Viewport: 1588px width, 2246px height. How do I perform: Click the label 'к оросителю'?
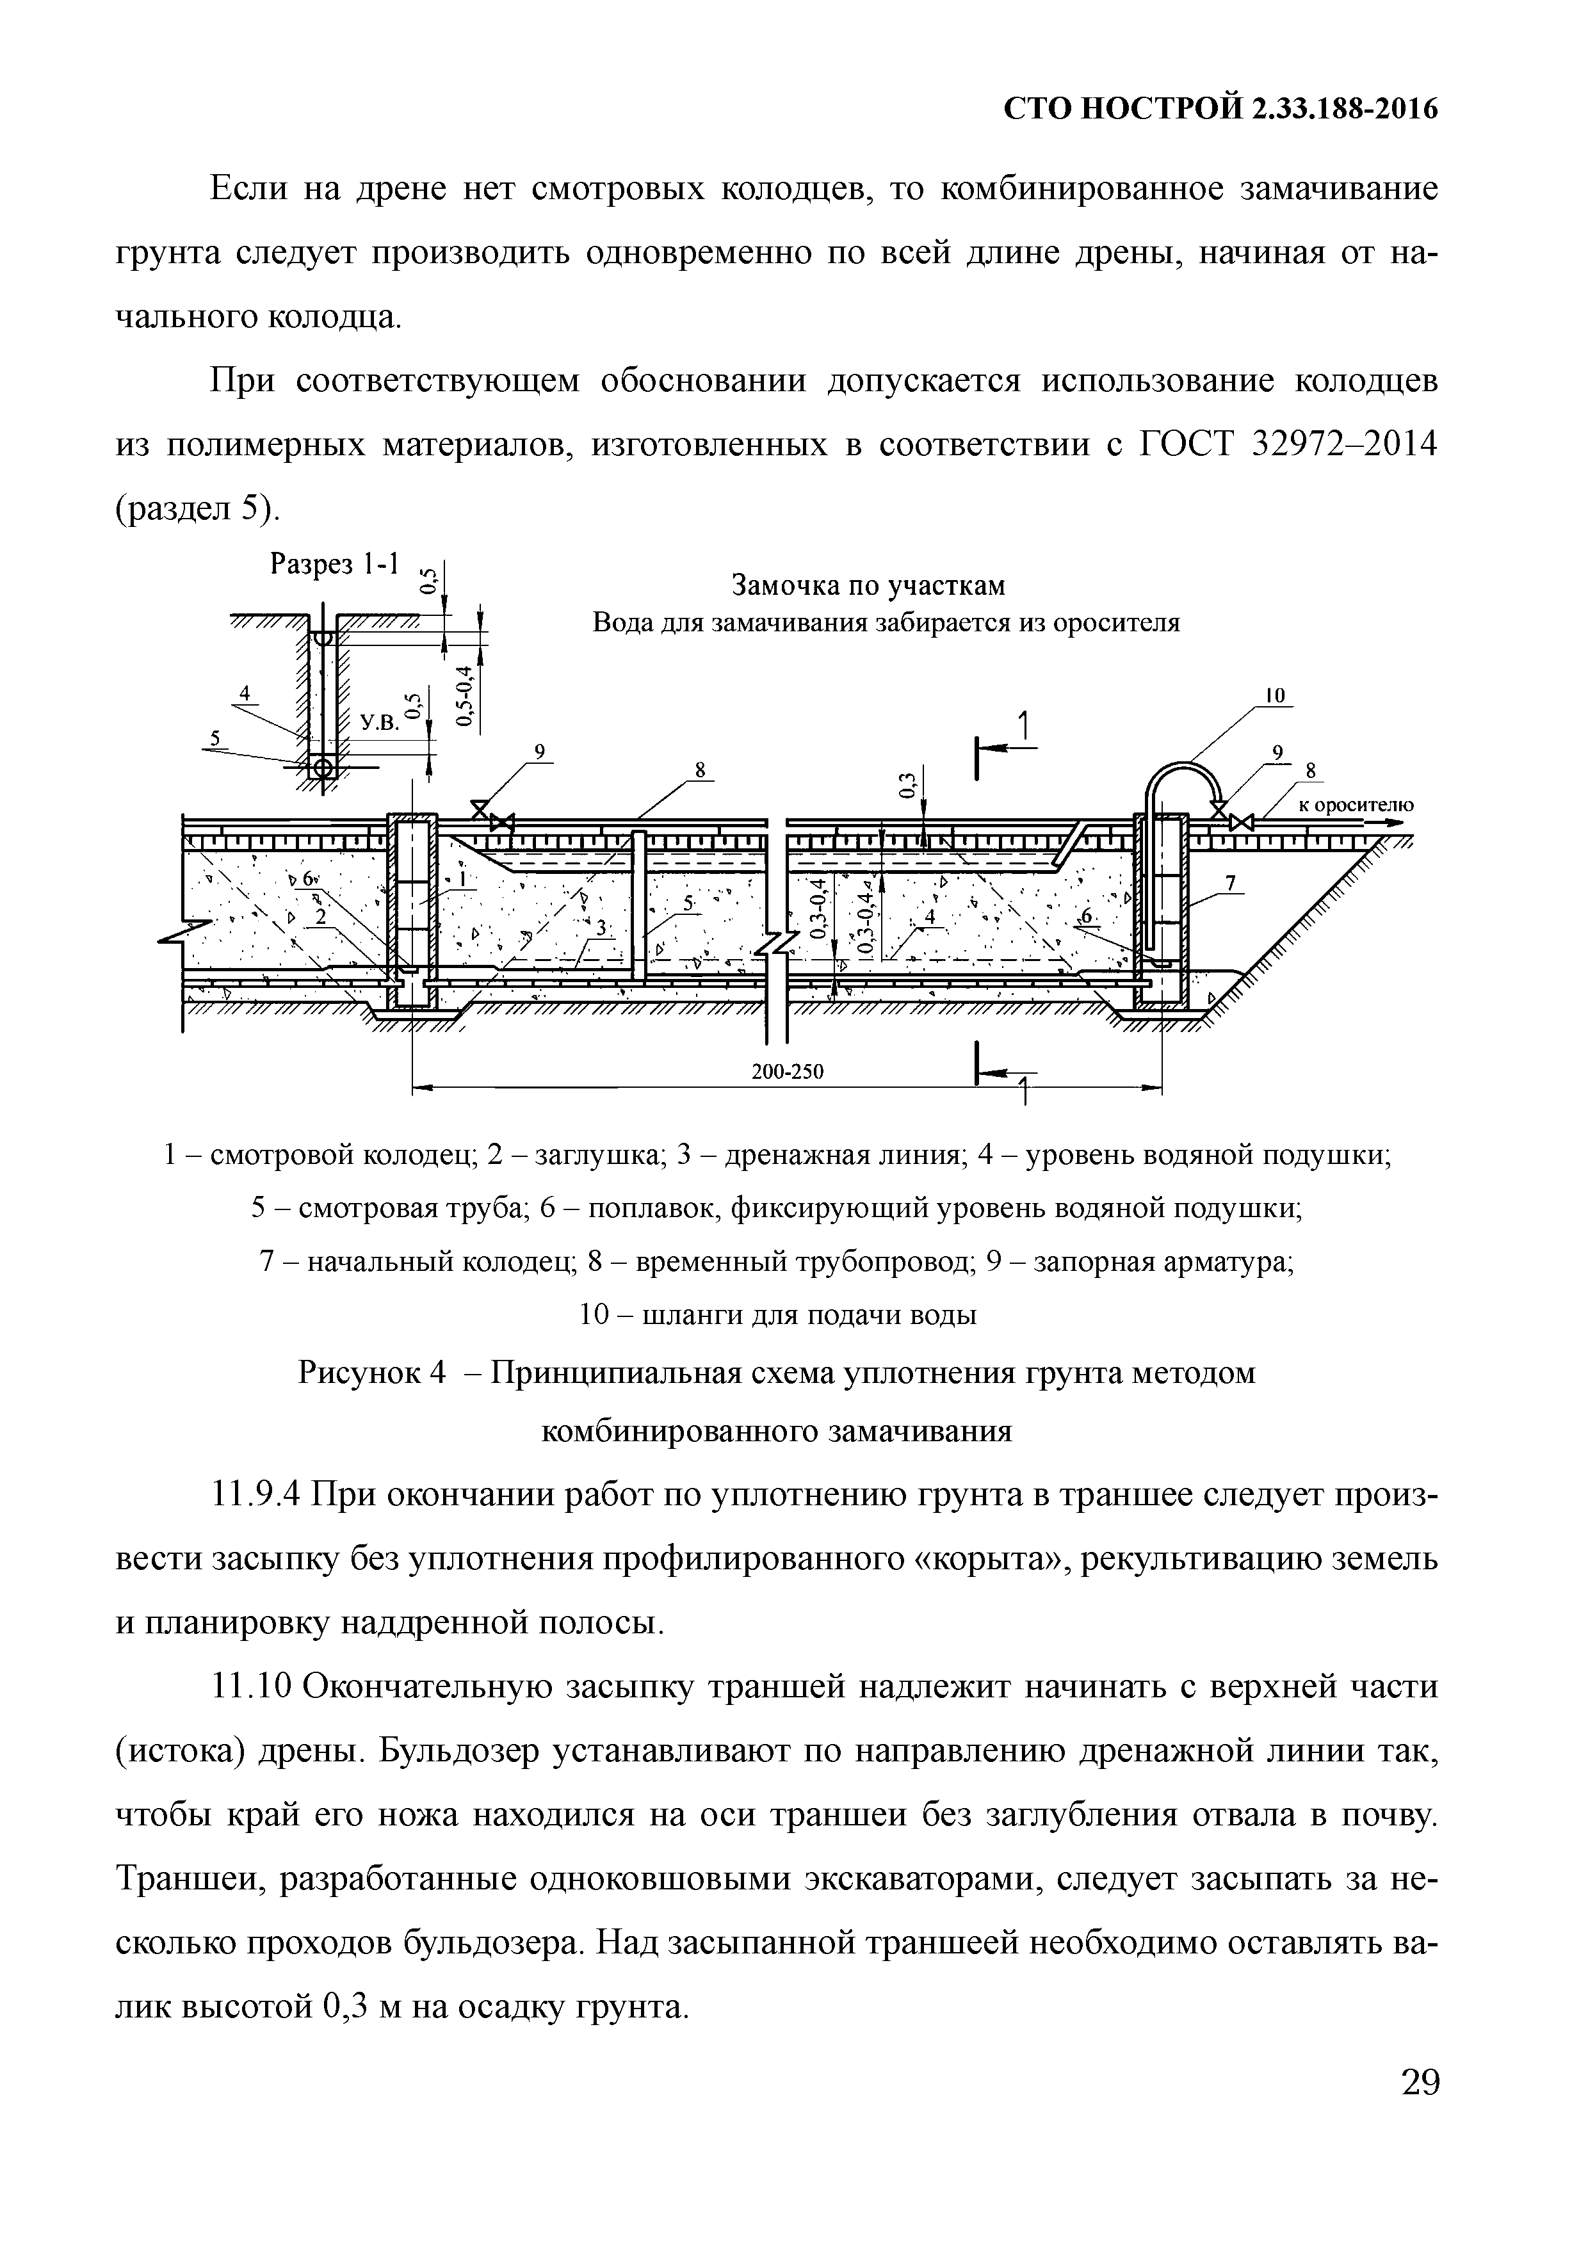click(1355, 805)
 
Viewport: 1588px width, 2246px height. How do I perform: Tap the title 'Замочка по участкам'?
click(869, 585)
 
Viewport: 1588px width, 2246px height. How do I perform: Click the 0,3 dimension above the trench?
click(907, 784)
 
